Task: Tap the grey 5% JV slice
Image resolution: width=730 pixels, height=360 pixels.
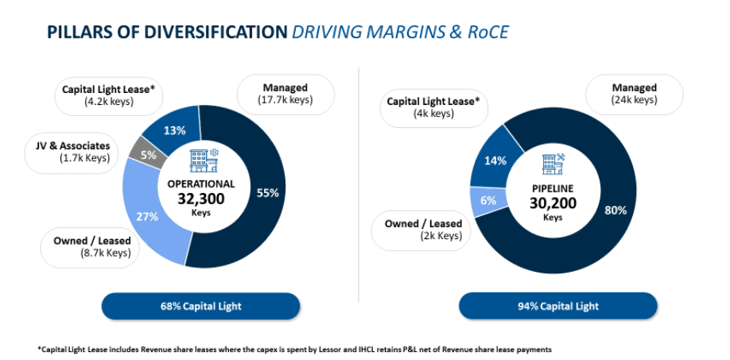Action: click(x=149, y=156)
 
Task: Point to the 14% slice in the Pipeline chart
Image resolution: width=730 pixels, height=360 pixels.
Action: click(x=495, y=161)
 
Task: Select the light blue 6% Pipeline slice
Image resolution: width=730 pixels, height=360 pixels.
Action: click(x=487, y=201)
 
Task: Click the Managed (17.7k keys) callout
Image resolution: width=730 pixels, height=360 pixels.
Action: click(x=284, y=93)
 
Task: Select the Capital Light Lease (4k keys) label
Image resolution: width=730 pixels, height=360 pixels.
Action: click(x=433, y=107)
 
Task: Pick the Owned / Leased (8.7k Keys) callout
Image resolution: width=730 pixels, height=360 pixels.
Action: click(x=92, y=246)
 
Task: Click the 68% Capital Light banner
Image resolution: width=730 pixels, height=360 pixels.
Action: click(x=200, y=306)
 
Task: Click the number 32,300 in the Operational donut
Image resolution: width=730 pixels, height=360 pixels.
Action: click(x=200, y=199)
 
